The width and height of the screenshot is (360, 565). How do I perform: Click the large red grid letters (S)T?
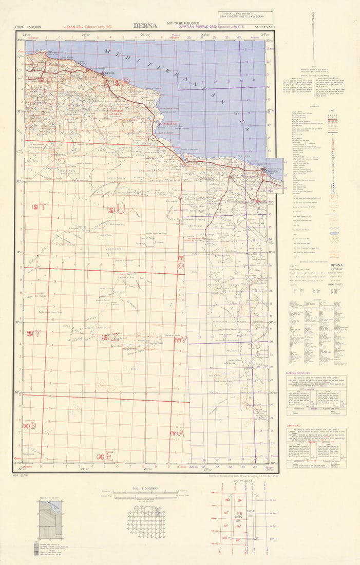pos(39,207)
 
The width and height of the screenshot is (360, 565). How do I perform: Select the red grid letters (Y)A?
pos(177,434)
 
